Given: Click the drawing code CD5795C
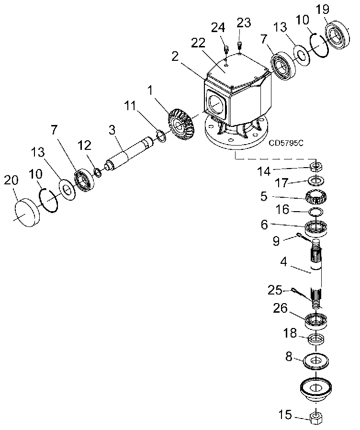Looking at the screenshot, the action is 286,143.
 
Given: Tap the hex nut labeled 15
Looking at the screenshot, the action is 316,418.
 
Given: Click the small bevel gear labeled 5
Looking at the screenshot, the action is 316,197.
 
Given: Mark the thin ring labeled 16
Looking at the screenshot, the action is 315,212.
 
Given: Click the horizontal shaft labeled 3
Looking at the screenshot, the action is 129,156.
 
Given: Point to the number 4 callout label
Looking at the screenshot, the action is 283,261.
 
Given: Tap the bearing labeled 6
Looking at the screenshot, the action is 316,227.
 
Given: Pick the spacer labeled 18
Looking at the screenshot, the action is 316,339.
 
